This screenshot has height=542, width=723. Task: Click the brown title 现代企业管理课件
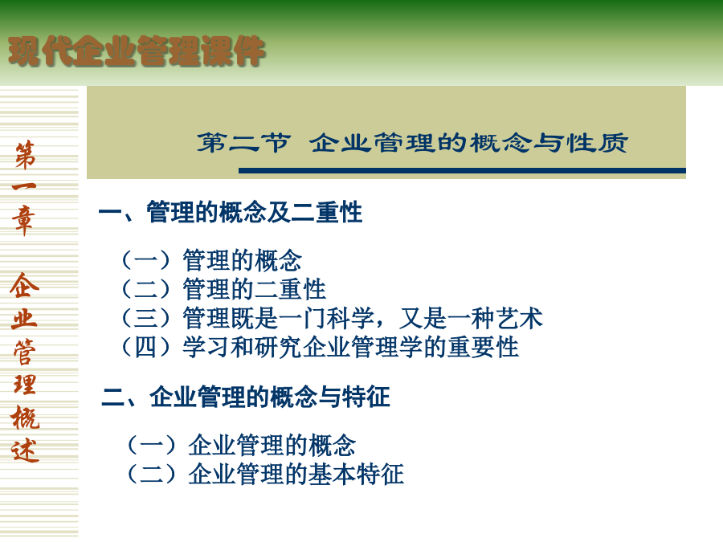(x=137, y=51)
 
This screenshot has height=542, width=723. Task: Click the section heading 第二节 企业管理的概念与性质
(x=413, y=142)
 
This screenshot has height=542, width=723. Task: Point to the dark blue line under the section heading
(x=462, y=170)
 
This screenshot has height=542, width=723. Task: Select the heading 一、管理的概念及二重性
(x=231, y=213)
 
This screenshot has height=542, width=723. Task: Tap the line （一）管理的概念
(x=211, y=260)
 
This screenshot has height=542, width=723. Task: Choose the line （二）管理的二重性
(x=223, y=289)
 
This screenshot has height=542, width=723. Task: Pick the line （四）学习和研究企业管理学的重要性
(x=320, y=347)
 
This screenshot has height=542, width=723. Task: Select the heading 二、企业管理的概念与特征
(x=246, y=397)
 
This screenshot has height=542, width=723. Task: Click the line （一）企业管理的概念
(x=241, y=445)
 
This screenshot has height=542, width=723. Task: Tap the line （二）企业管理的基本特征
(x=265, y=475)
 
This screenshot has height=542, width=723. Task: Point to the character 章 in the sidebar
(x=24, y=221)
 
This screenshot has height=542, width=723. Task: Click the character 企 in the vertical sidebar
(x=24, y=285)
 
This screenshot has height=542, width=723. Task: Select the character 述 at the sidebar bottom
(x=26, y=450)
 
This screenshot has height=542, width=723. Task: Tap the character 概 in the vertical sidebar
(x=26, y=418)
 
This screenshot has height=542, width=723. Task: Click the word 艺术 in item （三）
(x=519, y=318)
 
